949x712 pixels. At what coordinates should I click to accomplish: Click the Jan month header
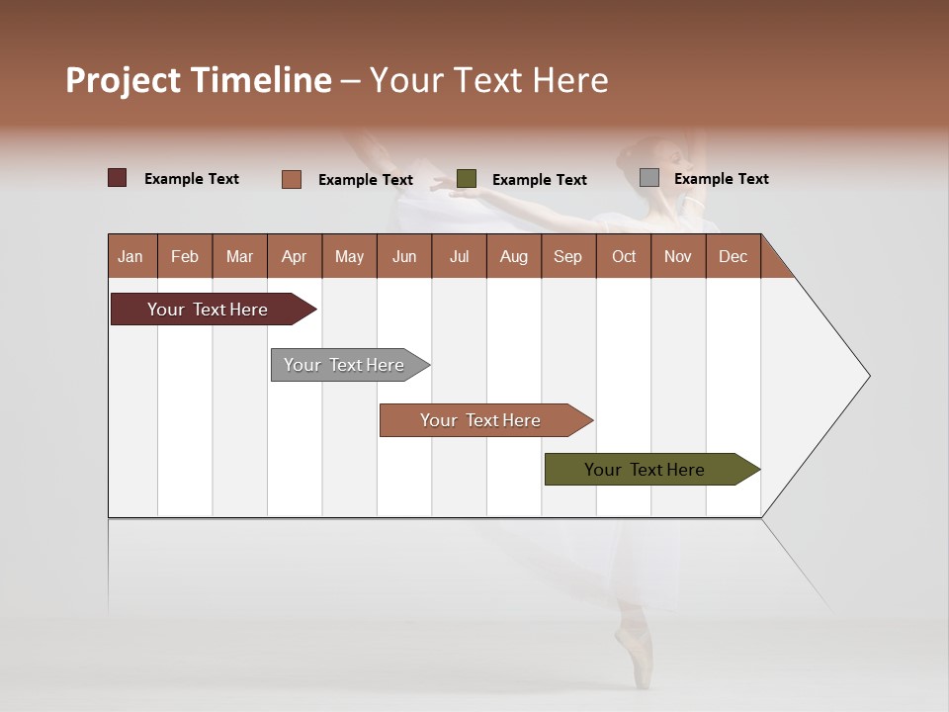tap(131, 256)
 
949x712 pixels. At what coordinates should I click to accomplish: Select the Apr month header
tap(295, 256)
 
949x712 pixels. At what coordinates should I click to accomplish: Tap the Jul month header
tap(459, 256)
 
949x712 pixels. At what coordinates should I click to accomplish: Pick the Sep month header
tap(568, 256)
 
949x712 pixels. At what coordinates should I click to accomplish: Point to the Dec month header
tap(733, 256)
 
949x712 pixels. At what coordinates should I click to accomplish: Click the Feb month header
tap(185, 256)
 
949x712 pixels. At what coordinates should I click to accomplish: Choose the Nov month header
tap(678, 256)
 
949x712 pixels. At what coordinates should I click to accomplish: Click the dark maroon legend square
tap(118, 178)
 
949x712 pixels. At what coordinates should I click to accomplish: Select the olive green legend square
tap(467, 179)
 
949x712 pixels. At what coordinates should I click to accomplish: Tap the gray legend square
tap(649, 178)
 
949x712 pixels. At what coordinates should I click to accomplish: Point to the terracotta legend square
tap(292, 179)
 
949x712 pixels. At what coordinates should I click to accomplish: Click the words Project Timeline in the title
tap(199, 80)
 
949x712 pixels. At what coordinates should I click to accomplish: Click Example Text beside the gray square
tap(721, 179)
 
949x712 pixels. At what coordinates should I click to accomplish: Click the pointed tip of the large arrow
tap(868, 376)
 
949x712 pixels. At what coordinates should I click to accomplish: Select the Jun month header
tap(404, 256)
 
